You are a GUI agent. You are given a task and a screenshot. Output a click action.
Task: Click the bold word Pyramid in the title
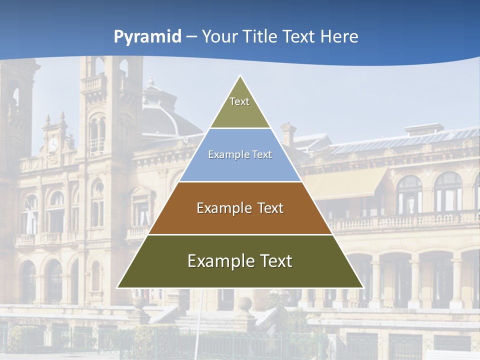147,36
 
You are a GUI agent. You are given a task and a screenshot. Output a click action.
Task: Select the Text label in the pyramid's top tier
239,101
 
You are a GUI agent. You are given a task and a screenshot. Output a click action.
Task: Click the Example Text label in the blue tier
240,154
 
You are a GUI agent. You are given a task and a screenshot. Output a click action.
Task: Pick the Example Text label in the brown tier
240,208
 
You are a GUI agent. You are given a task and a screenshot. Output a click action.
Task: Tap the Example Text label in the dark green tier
240,261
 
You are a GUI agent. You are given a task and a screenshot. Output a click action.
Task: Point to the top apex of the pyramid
240,76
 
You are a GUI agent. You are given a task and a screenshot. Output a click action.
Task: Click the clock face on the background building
53,144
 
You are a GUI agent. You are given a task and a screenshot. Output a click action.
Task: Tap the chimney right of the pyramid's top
288,134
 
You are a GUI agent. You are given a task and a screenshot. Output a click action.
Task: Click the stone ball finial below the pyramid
244,303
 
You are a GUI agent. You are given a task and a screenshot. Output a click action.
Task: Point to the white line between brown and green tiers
240,234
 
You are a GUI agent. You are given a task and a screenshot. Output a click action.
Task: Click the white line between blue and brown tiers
240,181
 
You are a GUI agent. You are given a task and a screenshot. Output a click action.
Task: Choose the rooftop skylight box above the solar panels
424,129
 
